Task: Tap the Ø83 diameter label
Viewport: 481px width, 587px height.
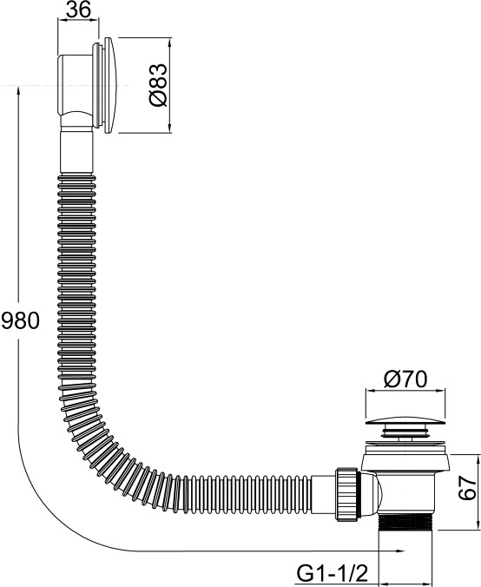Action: (158, 85)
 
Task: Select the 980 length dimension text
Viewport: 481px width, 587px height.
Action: (20, 320)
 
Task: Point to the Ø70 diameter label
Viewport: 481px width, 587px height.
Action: (405, 379)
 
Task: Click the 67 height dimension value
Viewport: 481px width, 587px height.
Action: (468, 488)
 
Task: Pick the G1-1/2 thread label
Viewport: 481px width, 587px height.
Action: (333, 573)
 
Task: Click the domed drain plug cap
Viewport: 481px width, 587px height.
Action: (405, 422)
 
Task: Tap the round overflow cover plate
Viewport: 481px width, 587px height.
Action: (111, 85)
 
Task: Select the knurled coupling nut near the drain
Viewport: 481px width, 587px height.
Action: (348, 494)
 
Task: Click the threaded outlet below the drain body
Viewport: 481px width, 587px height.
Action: (406, 521)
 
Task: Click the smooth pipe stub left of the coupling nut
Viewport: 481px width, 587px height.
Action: (324, 493)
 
